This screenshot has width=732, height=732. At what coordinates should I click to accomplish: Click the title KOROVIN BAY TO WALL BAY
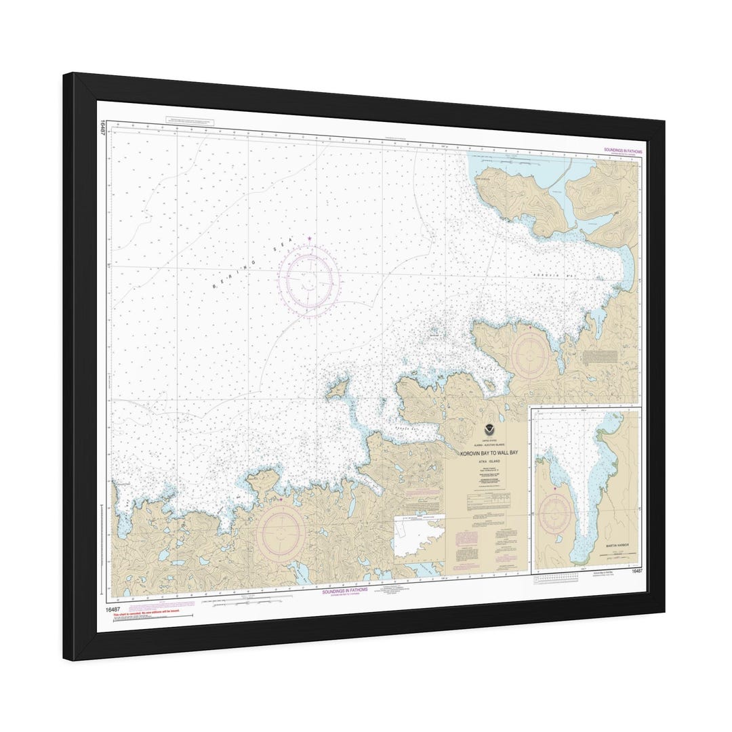pyautogui.click(x=489, y=453)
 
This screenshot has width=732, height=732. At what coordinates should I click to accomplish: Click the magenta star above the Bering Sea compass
pyautogui.click(x=310, y=239)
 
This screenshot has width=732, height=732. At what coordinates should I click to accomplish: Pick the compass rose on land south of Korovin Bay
pyautogui.click(x=531, y=354)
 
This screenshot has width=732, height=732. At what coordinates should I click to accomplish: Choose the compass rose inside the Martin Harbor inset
pyautogui.click(x=556, y=513)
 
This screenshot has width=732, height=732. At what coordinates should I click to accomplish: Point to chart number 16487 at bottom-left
pyautogui.click(x=113, y=607)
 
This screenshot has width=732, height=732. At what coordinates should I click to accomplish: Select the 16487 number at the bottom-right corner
pyautogui.click(x=636, y=571)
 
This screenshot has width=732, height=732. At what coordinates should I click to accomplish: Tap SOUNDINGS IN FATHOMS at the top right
pyautogui.click(x=622, y=150)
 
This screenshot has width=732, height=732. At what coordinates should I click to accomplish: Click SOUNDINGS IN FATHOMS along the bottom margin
pyautogui.click(x=346, y=590)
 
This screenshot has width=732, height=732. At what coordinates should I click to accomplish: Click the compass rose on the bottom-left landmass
pyautogui.click(x=280, y=532)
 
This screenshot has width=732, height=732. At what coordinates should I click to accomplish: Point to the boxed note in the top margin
pyautogui.click(x=189, y=121)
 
